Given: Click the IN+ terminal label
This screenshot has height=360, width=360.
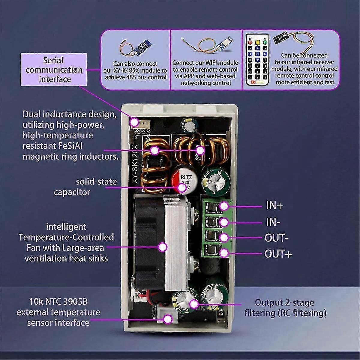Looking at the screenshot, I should point(274,206).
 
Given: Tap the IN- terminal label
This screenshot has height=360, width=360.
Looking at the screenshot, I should point(273,222).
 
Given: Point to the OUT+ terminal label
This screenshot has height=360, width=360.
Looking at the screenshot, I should point(278,254).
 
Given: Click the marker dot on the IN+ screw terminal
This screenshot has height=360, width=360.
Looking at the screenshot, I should point(223,206).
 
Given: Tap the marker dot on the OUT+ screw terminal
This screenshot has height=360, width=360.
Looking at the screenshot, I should point(223,253).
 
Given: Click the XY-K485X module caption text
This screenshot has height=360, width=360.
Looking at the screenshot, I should point(139,71).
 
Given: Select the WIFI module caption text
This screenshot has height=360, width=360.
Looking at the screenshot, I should point(205,73).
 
